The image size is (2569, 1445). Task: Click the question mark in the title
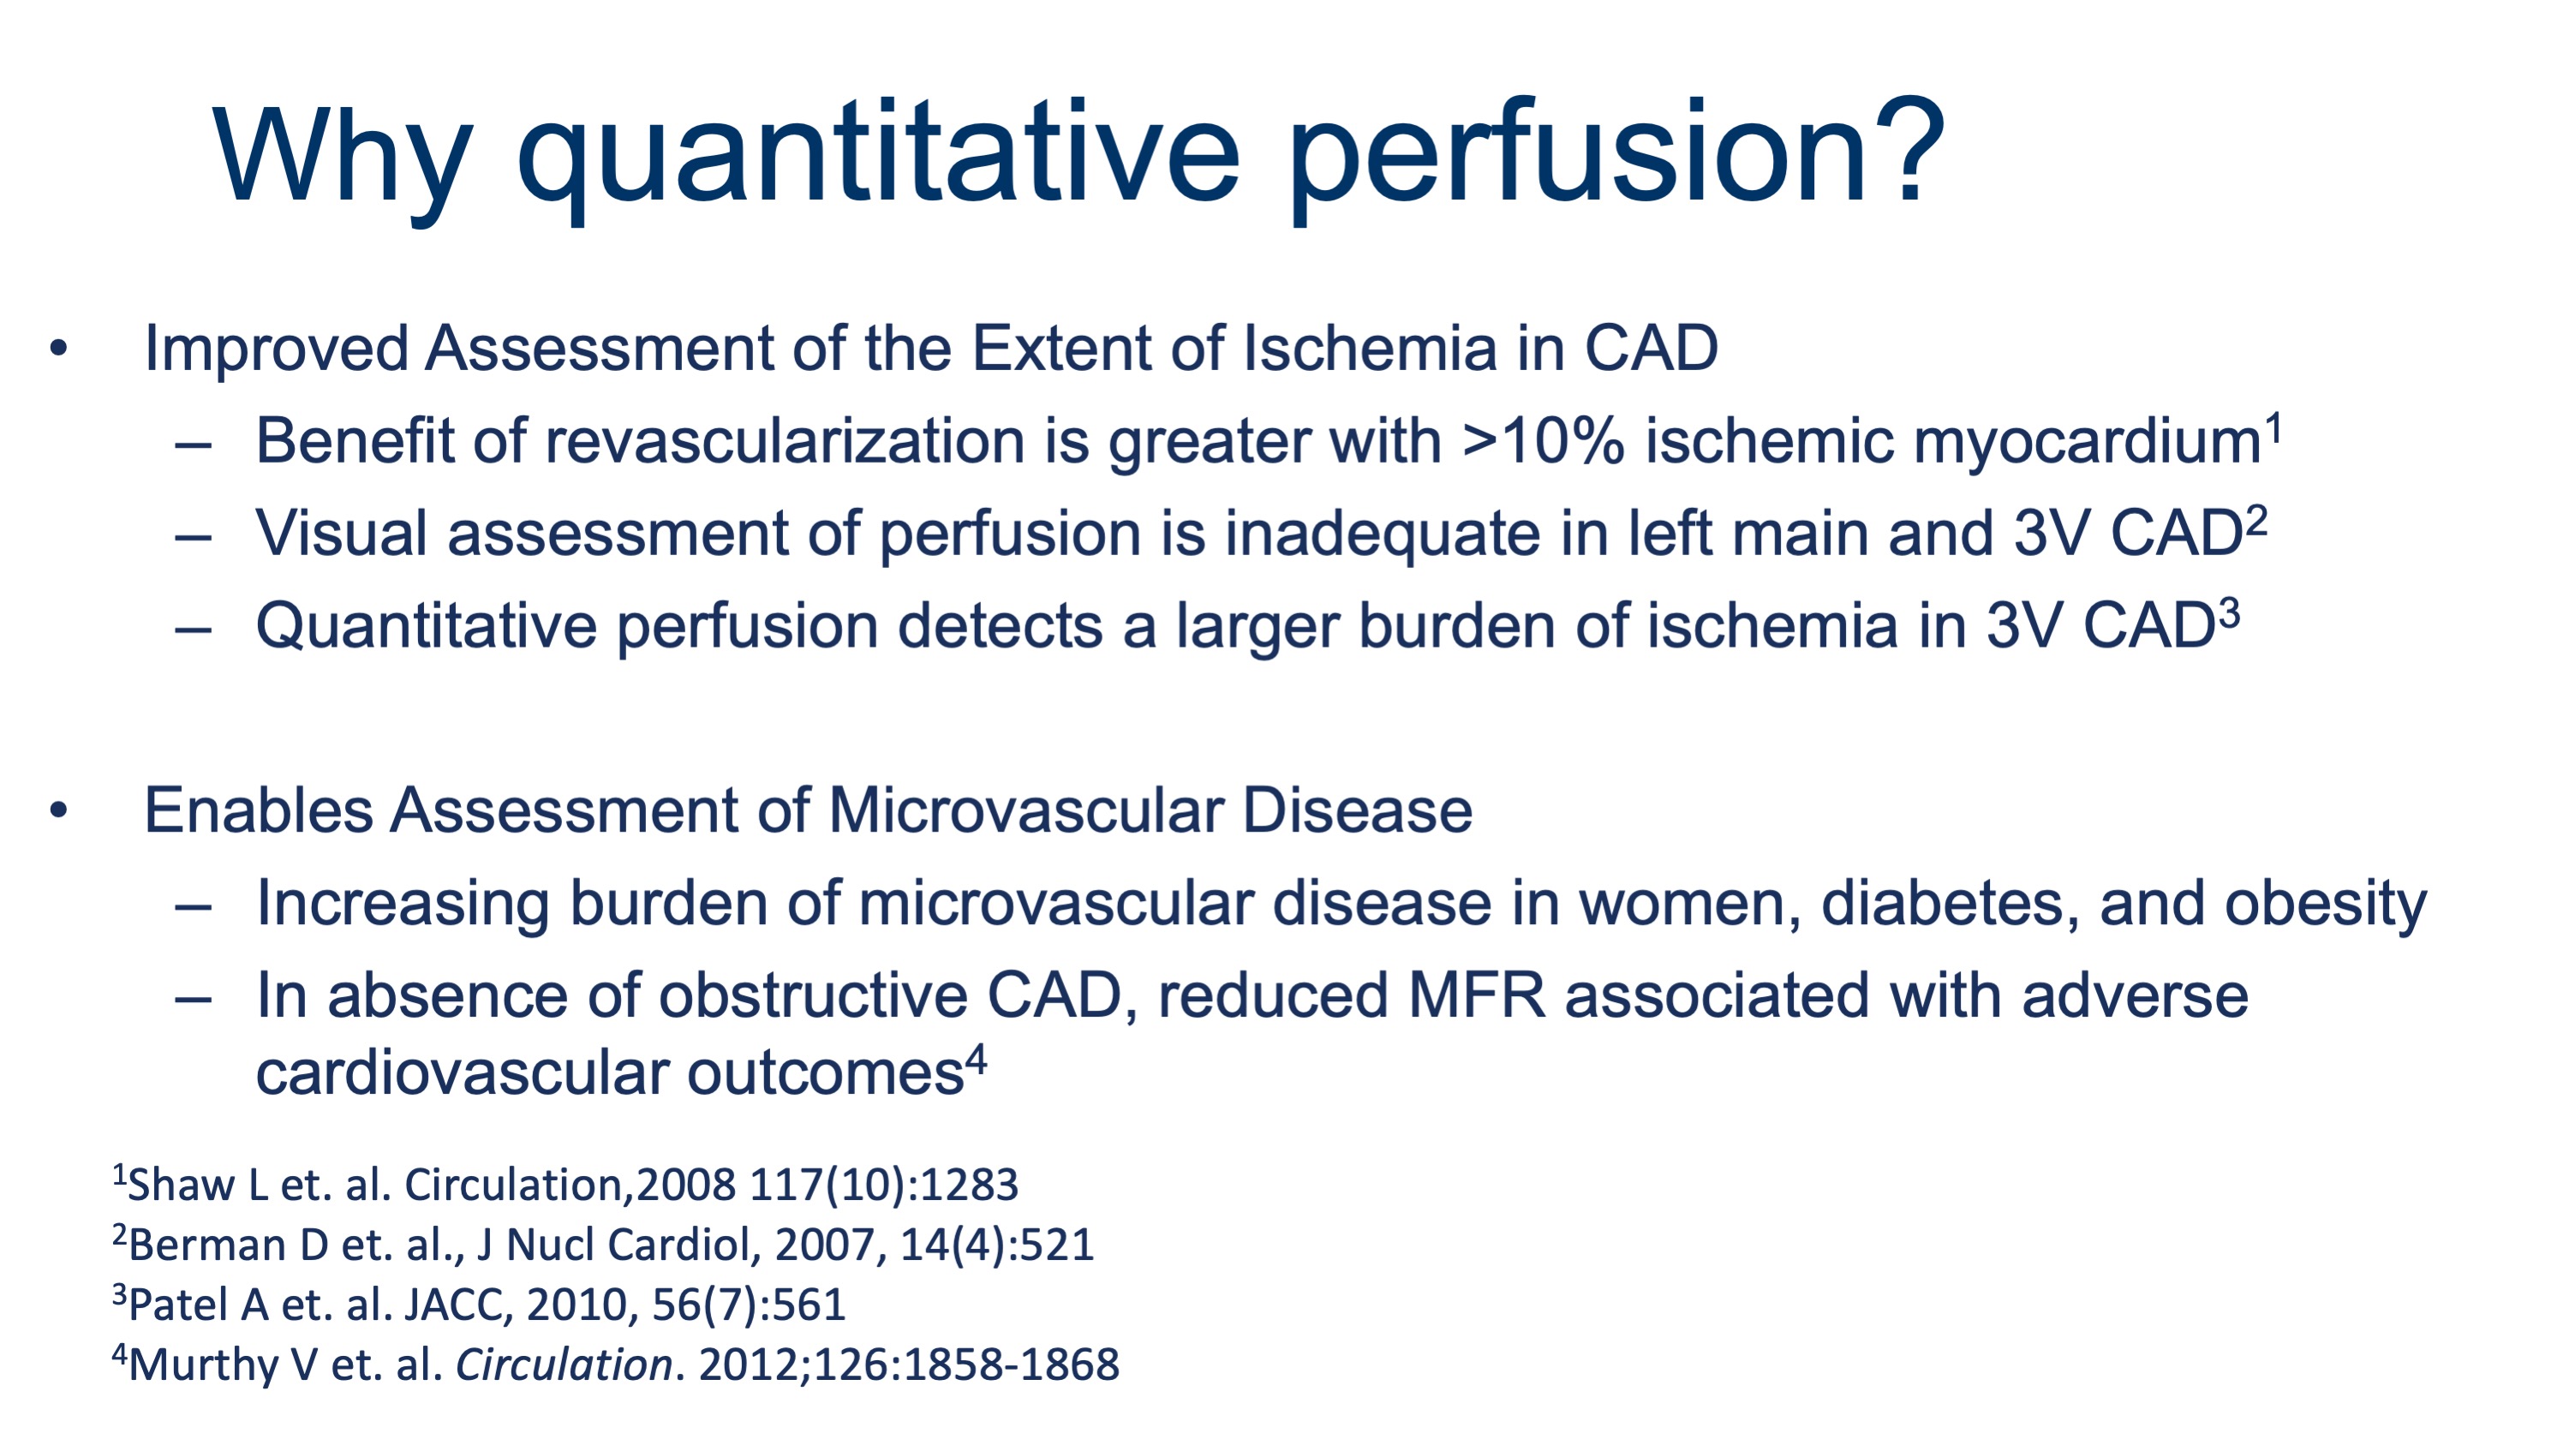click(x=1907, y=151)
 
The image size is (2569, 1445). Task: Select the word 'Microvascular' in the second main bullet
click(x=1025, y=809)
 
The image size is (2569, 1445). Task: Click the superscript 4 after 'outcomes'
click(x=977, y=1059)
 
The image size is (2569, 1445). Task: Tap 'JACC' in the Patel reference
click(x=457, y=1305)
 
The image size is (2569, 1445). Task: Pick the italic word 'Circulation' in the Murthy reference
click(x=565, y=1364)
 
